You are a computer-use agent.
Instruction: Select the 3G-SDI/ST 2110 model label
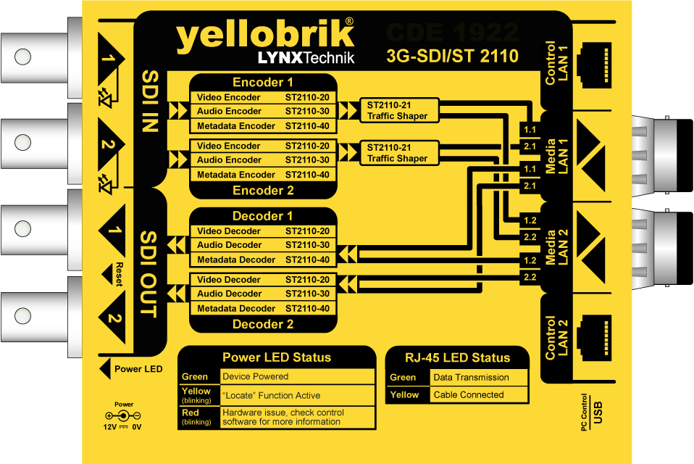point(452,56)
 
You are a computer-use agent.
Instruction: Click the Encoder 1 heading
point(263,82)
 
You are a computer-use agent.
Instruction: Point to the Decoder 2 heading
point(263,324)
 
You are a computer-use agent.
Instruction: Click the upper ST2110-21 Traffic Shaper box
point(398,110)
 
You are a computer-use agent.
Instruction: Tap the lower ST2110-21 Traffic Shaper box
point(398,153)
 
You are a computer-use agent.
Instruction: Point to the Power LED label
point(138,369)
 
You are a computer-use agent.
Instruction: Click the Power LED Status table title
point(277,357)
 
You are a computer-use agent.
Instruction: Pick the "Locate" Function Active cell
point(272,395)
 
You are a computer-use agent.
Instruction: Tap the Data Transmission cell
point(471,378)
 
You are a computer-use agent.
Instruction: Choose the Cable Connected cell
point(468,395)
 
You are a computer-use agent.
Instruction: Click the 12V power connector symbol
point(122,416)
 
